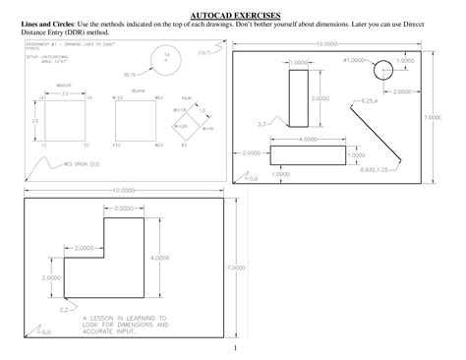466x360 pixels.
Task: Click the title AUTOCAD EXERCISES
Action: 234,16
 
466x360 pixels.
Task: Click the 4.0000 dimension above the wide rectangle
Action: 307,140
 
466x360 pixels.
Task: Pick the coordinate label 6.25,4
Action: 371,101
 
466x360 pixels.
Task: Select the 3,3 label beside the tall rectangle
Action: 262,124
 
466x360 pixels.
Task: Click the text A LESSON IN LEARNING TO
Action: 124,319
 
